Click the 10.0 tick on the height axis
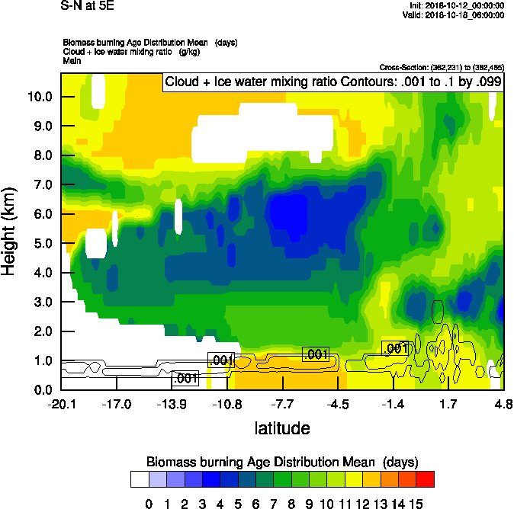[40, 97]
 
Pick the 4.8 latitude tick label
[500, 404]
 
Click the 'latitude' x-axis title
[282, 428]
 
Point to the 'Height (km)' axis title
[10, 232]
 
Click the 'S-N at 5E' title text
[88, 5]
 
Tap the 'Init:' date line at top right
[456, 5]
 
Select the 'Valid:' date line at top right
[455, 14]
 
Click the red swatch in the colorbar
[426, 479]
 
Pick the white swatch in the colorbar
[140, 479]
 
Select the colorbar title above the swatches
[282, 462]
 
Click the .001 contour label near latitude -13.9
[185, 378]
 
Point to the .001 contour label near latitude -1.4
[396, 348]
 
